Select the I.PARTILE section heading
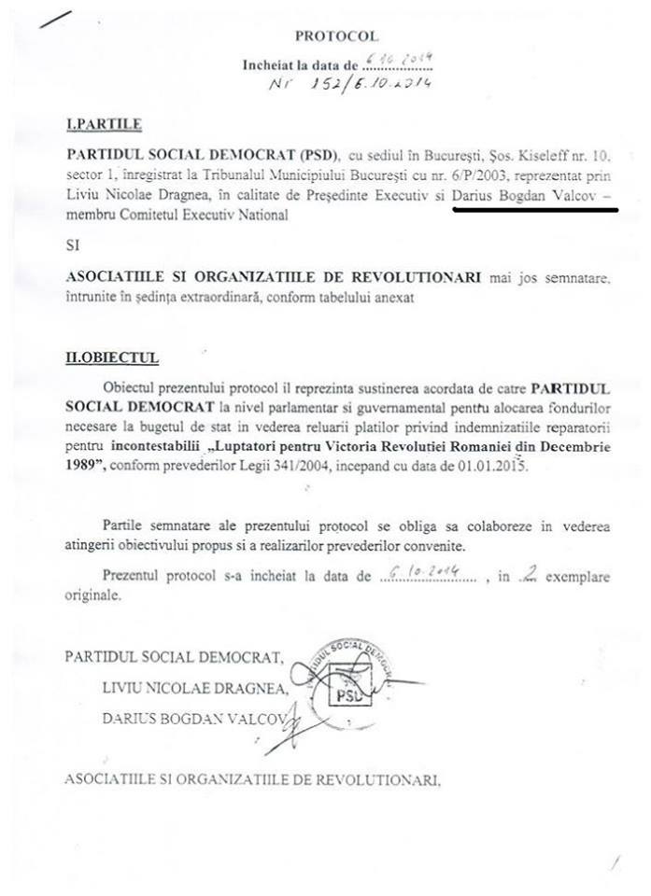coord(97,124)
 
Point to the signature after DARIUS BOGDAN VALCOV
coord(287,721)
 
